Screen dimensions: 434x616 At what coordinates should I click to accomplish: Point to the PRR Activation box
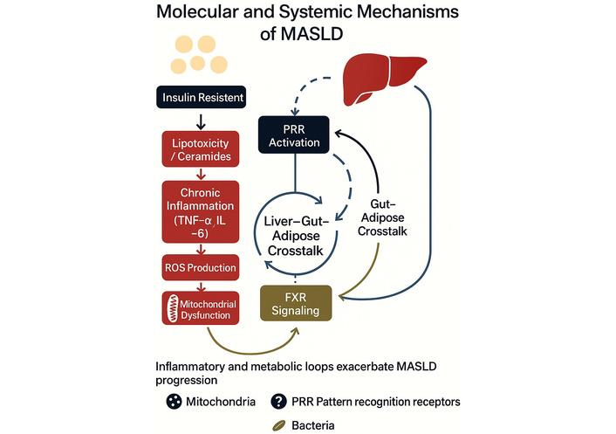click(293, 136)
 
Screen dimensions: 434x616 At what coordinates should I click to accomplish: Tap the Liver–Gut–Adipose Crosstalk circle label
click(299, 236)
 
